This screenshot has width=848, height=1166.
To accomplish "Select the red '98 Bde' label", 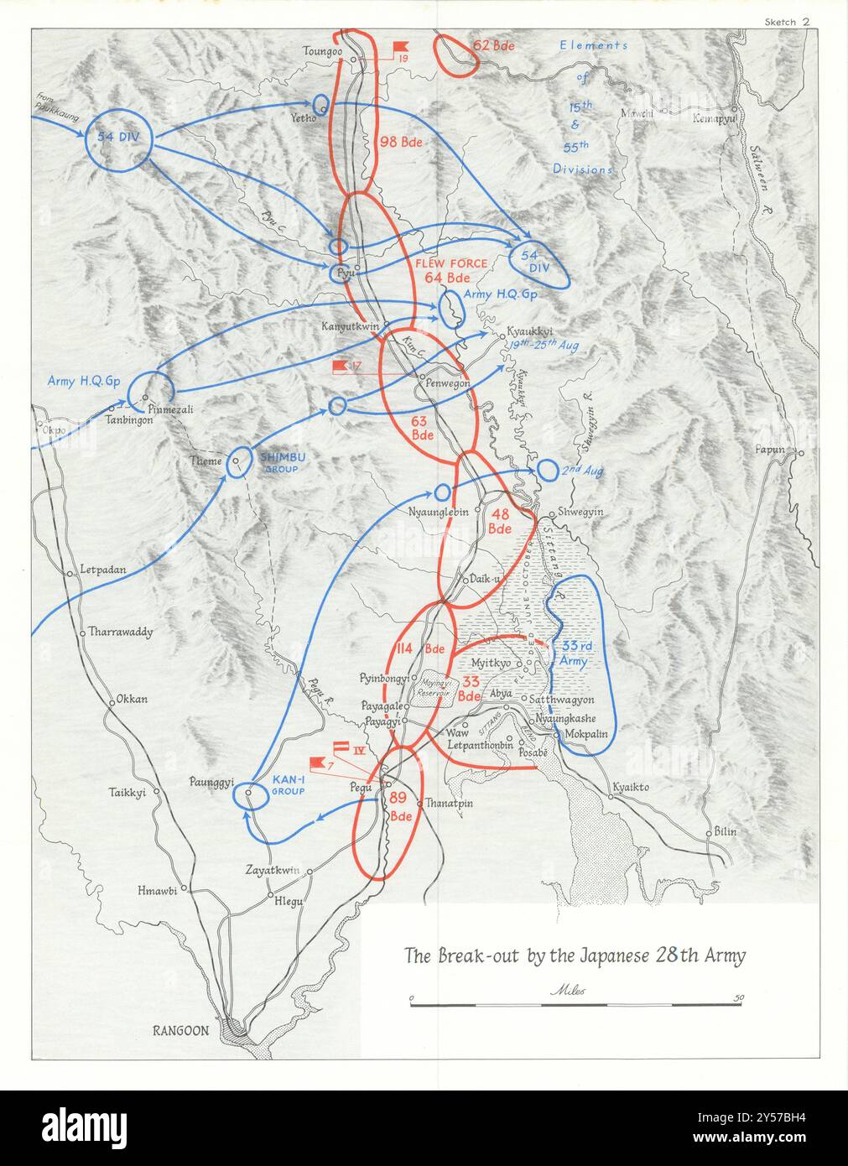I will click(x=400, y=142).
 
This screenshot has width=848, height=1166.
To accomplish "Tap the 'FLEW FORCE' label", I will click(x=451, y=263).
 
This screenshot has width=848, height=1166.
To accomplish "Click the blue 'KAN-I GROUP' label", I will click(x=293, y=784).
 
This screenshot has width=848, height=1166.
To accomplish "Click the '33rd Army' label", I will click(x=579, y=653).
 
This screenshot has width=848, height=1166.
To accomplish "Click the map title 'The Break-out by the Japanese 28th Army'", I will click(x=575, y=955).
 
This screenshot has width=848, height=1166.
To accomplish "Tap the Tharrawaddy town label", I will click(x=121, y=632).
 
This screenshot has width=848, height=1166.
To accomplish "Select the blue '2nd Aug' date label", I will click(x=583, y=471).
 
